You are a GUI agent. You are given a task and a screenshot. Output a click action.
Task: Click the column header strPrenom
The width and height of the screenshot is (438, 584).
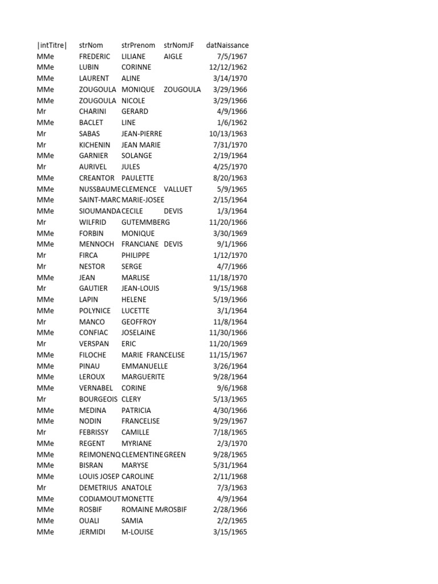138,45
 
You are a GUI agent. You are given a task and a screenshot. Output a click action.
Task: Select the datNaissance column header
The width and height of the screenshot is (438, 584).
227,45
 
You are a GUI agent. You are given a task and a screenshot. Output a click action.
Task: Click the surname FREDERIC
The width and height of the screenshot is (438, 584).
96,56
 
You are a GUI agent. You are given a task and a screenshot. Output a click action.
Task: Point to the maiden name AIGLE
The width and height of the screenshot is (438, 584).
173,56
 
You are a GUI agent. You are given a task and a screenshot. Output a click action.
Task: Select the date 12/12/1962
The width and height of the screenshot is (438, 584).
228,67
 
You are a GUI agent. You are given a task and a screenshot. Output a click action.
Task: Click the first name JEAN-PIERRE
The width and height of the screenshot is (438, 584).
141,133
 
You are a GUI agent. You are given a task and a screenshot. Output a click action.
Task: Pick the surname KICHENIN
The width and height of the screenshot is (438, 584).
95,145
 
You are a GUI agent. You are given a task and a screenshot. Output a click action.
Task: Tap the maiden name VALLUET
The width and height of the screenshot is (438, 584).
178,189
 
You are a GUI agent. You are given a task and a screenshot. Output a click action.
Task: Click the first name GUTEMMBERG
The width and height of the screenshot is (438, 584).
145,222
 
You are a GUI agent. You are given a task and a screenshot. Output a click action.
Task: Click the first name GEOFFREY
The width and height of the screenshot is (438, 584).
139,322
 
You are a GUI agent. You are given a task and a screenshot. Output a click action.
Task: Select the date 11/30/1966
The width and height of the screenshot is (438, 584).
228,332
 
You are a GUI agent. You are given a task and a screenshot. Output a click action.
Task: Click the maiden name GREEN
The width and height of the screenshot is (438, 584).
175,455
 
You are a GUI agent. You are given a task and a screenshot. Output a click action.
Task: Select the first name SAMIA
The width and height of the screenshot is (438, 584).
132,521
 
